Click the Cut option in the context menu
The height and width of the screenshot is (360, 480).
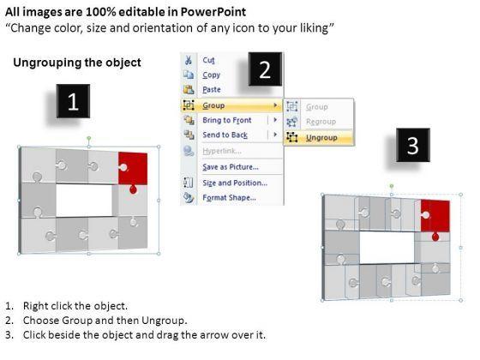tap(208, 60)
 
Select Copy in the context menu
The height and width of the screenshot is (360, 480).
tap(211, 75)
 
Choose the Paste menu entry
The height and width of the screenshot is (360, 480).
tap(212, 89)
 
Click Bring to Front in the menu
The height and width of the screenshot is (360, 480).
tap(227, 120)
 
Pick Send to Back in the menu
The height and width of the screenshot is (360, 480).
tap(225, 135)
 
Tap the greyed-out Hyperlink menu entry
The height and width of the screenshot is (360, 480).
tap(222, 151)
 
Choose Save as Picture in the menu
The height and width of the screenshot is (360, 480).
tap(231, 167)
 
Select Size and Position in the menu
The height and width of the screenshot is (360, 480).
tap(235, 183)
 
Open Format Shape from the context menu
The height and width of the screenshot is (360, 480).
tap(230, 197)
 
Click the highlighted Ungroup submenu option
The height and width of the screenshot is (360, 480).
tap(321, 138)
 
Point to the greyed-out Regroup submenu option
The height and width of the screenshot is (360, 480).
tap(321, 122)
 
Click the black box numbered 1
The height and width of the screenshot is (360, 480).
tap(73, 101)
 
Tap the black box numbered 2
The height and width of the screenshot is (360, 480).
tap(265, 69)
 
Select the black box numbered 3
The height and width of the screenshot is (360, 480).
tap(413, 145)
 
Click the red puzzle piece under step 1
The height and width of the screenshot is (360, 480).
tap(134, 169)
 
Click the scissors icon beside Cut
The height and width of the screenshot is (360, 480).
tap(189, 60)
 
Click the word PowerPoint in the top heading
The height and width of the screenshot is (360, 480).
tap(213, 12)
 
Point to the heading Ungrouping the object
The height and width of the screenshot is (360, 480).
tap(77, 63)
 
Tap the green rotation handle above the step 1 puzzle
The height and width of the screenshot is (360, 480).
tap(89, 138)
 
